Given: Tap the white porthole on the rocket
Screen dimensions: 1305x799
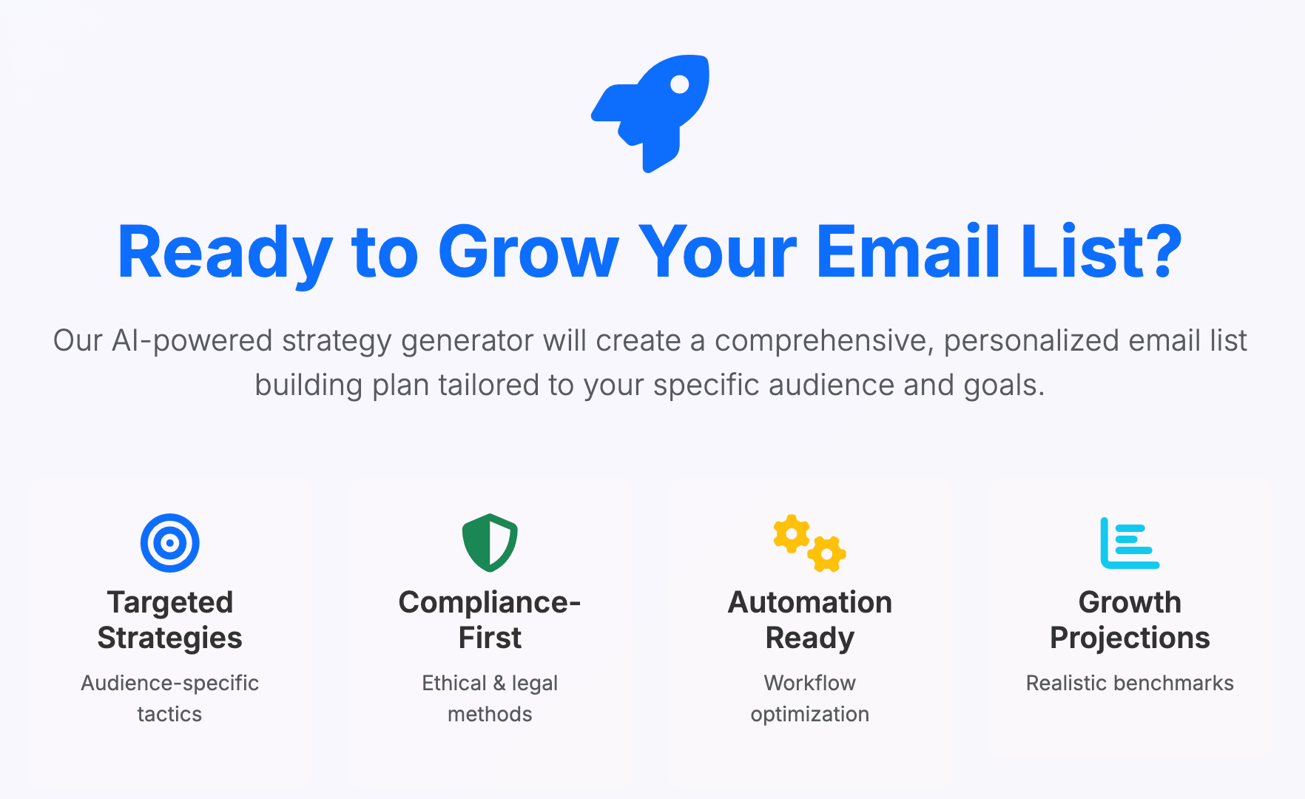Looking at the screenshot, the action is tap(679, 85).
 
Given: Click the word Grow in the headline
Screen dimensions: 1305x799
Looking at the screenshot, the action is tap(528, 253).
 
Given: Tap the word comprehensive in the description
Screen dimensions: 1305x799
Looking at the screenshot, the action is tap(823, 341).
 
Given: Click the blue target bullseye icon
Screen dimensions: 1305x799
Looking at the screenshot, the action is tap(170, 543).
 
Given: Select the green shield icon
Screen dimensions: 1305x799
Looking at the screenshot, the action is tap(490, 543).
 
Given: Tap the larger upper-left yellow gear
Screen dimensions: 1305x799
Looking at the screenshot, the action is tap(792, 533).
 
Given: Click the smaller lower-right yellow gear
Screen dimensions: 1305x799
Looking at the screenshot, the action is tap(827, 553).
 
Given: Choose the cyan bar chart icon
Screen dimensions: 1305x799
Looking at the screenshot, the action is tap(1130, 543).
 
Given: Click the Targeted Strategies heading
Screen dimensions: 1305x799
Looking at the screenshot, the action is tap(170, 620).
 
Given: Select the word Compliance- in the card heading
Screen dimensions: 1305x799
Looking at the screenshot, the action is tap(490, 602).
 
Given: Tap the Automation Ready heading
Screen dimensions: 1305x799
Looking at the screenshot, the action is tap(810, 620).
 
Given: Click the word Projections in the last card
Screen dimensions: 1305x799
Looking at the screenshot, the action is tap(1130, 638).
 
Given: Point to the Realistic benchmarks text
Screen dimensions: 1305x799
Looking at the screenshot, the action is tap(1130, 683).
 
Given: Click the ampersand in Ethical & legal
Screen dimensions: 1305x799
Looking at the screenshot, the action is tap(499, 683).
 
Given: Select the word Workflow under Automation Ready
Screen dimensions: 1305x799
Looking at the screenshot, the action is tap(810, 683).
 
